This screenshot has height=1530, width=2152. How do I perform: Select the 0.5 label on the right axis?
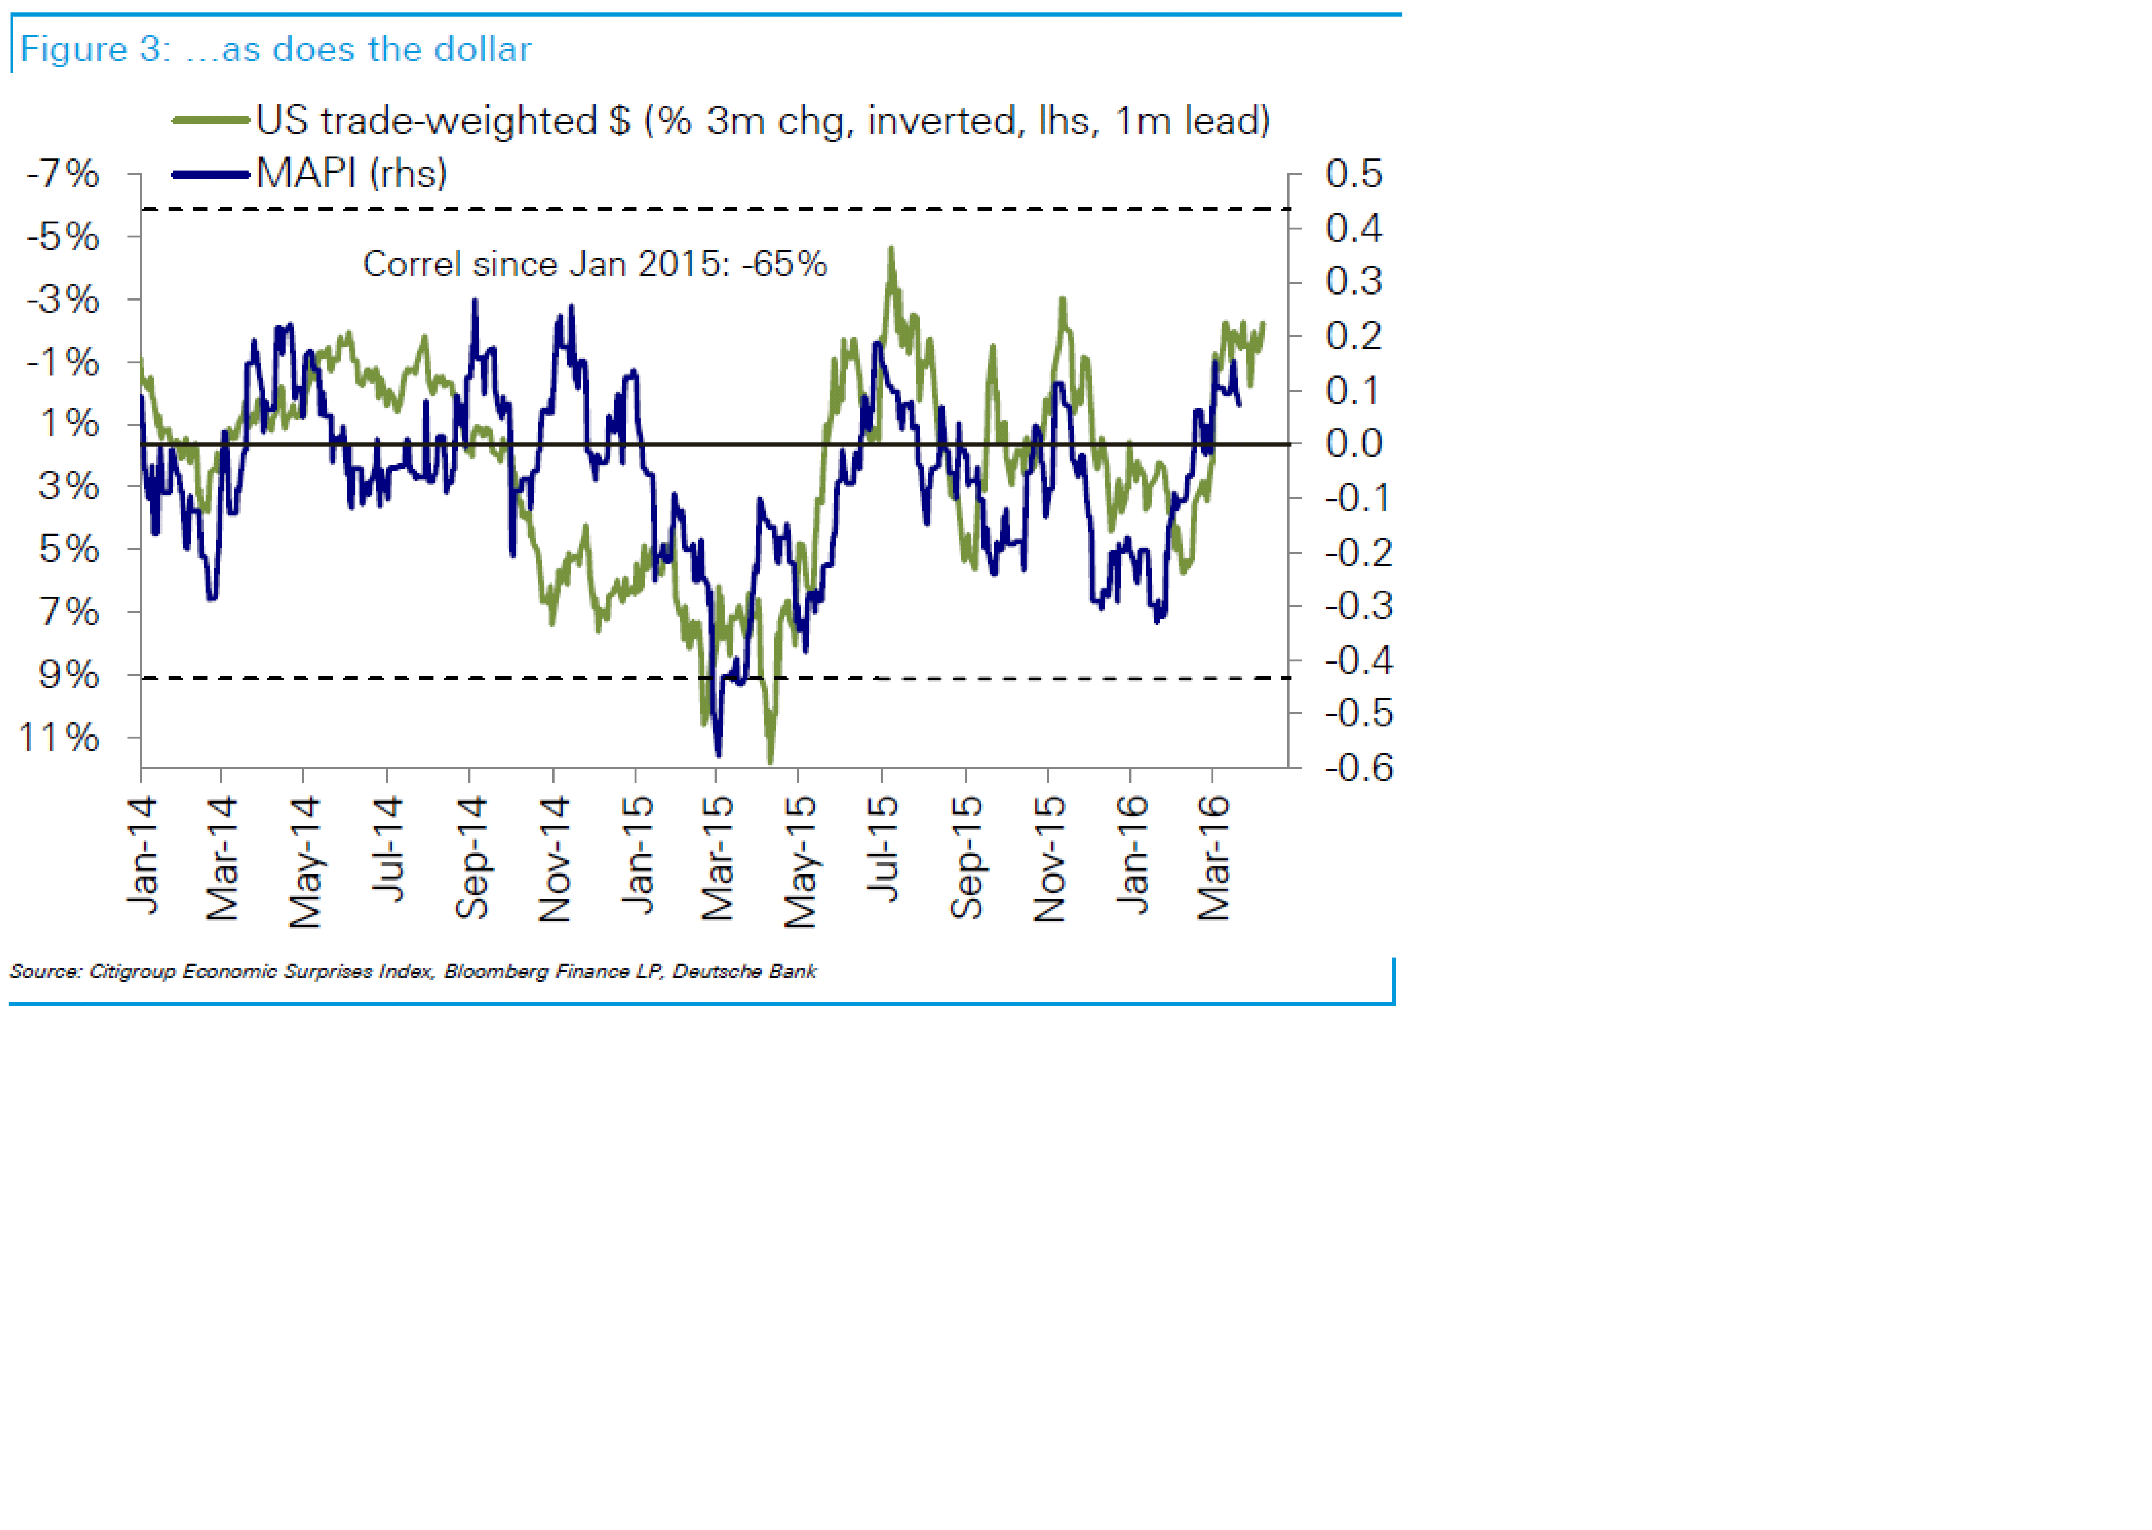point(1353,173)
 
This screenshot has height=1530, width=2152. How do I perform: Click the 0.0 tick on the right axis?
point(1353,444)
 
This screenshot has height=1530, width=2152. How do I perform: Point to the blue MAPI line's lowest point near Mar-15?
point(719,754)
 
